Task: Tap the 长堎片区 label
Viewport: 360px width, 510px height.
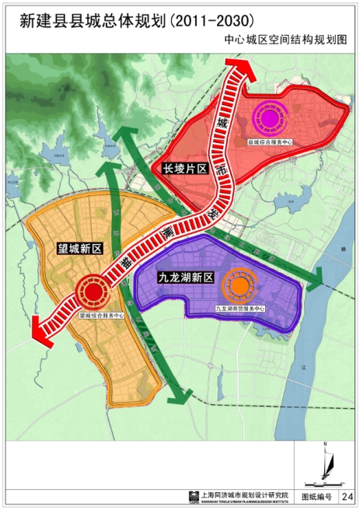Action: pos(183,167)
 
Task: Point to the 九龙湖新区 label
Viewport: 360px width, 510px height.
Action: pos(185,276)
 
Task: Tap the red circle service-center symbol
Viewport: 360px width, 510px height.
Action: pos(93,294)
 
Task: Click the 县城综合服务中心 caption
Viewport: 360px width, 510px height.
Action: pos(270,142)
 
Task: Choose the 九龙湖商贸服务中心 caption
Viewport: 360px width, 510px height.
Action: pos(240,309)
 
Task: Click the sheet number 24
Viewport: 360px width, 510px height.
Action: pos(346,494)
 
